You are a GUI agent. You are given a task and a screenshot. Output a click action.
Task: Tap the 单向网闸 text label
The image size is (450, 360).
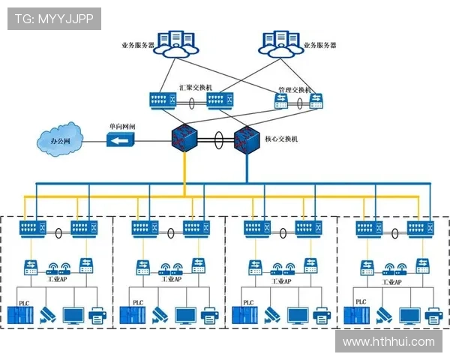[x=121, y=127]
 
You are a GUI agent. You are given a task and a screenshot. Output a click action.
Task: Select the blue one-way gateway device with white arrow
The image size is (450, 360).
[x=120, y=140]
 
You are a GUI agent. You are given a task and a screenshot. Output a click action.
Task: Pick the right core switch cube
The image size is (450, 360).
[x=245, y=139]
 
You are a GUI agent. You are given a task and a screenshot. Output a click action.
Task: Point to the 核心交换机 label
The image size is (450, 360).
[x=281, y=139]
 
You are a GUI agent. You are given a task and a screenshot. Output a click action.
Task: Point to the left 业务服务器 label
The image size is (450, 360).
[x=137, y=45]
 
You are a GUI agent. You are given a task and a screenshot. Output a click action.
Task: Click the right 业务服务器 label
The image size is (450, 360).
[x=319, y=45]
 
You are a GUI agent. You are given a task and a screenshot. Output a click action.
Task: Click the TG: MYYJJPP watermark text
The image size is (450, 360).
[x=53, y=19]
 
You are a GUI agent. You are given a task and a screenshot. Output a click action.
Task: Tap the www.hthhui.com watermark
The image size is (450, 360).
[x=388, y=342]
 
